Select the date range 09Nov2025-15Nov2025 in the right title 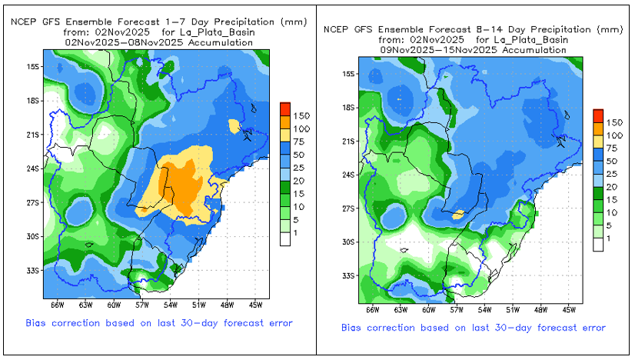[474, 49]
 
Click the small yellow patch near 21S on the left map [234, 125]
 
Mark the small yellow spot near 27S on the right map [458, 215]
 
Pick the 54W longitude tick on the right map [484, 309]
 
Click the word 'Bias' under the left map [38, 323]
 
